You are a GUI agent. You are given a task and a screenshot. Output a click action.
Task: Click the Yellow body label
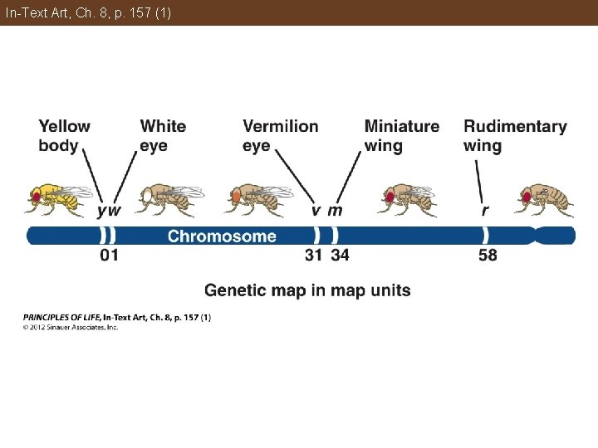click(x=65, y=136)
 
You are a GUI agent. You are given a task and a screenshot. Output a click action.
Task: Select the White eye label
click(x=163, y=136)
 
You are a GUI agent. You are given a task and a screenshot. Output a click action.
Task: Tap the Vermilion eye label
click(x=280, y=136)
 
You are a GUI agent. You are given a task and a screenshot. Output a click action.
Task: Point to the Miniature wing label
click(x=402, y=136)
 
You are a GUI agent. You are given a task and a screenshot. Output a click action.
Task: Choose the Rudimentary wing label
click(x=515, y=136)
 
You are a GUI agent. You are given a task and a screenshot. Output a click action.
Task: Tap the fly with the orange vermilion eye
click(x=258, y=197)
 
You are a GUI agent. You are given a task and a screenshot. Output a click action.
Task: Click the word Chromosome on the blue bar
click(x=222, y=236)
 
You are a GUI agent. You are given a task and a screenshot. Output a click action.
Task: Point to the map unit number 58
click(x=488, y=256)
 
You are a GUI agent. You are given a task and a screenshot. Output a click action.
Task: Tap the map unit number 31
click(x=313, y=256)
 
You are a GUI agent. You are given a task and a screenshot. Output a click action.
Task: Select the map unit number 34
click(x=340, y=256)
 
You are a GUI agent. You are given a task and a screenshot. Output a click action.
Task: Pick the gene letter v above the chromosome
click(x=316, y=211)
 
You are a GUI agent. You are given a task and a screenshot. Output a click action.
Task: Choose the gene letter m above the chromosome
click(x=335, y=211)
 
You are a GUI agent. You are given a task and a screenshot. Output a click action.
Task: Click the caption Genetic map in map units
click(x=307, y=290)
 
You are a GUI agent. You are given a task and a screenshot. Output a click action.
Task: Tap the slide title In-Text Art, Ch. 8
click(x=88, y=12)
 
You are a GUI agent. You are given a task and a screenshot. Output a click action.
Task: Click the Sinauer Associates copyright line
click(x=71, y=327)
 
